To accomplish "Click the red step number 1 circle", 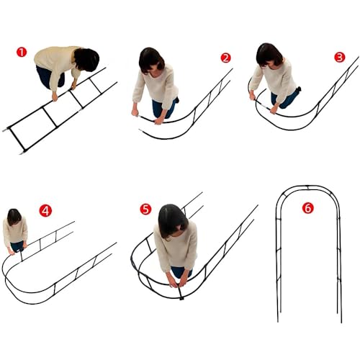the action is (x=22, y=52).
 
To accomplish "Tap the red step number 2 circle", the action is (x=225, y=58).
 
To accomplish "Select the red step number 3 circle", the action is (x=340, y=57).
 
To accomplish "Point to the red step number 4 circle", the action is (x=45, y=211).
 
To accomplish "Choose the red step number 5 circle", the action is (x=145, y=209).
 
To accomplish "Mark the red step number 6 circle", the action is (x=308, y=208).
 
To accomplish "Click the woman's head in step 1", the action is (x=86, y=60).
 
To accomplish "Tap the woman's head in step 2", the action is (x=151, y=60).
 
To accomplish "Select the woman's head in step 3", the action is (x=269, y=55).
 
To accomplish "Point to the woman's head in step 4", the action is (x=14, y=217).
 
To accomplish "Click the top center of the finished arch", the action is (x=308, y=186).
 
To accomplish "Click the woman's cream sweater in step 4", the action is (x=15, y=232).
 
